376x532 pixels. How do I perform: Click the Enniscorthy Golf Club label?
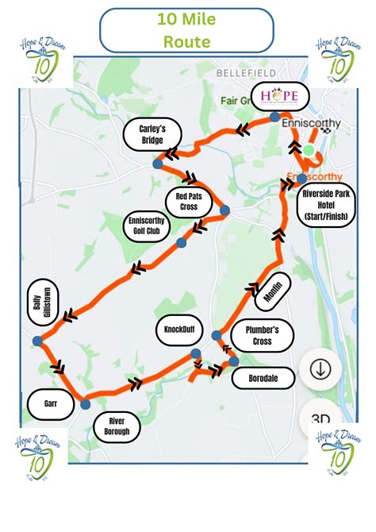(143, 227)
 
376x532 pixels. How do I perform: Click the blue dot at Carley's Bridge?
(158, 164)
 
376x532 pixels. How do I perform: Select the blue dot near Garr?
(85, 404)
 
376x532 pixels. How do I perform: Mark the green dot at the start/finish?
(309, 149)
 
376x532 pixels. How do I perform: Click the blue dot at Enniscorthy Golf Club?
(182, 244)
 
